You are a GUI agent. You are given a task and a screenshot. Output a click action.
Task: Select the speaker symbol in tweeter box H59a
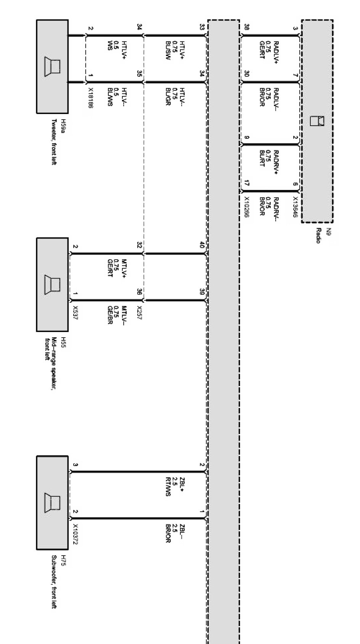[52, 67]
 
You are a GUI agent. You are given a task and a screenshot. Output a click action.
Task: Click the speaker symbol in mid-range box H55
[52, 285]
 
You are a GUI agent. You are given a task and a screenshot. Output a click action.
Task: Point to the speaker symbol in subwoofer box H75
[52, 503]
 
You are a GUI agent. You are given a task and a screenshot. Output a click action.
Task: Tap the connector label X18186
[90, 98]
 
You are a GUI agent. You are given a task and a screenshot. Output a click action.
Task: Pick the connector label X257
[139, 313]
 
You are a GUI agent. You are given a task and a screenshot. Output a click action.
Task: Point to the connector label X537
[75, 313]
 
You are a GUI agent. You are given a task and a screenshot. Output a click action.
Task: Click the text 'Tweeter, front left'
[54, 142]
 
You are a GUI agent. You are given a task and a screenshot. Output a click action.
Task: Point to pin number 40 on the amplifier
[202, 246]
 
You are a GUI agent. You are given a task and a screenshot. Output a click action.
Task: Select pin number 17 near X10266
[246, 184]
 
